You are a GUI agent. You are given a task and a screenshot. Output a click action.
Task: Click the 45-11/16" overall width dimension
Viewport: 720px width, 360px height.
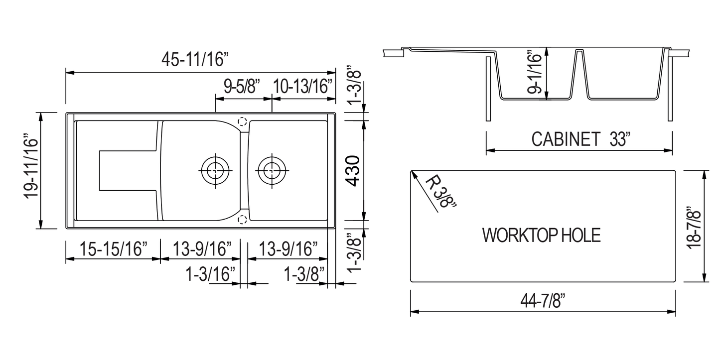[194, 59]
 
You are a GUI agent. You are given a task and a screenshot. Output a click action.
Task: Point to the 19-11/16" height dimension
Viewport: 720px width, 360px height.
[31, 170]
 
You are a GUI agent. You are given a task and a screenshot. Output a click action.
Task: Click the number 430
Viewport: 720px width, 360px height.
[353, 170]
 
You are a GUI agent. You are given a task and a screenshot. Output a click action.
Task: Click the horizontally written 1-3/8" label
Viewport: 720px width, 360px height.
[305, 273]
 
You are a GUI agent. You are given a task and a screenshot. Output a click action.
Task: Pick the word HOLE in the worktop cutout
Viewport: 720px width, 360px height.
[581, 236]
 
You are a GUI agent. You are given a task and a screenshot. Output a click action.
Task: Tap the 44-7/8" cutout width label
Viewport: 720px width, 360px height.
[543, 301]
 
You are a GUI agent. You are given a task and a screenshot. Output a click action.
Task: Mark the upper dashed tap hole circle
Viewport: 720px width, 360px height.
[243, 121]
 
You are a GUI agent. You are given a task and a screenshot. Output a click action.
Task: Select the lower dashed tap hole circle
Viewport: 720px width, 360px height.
[243, 220]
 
